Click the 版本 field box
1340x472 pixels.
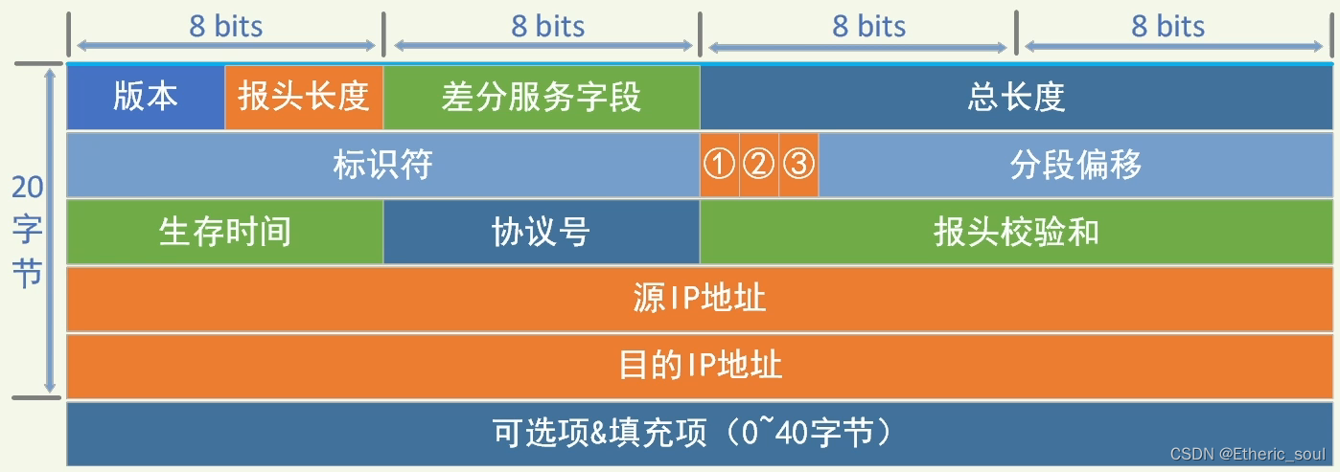pos(146,97)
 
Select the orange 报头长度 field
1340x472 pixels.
pos(304,97)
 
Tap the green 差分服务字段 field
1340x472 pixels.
pos(542,97)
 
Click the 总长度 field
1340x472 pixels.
pos(1016,97)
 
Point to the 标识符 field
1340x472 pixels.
pos(382,165)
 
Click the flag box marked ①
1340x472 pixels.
pos(720,165)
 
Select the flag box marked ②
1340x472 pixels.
pos(759,165)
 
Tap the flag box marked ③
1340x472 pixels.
pos(798,165)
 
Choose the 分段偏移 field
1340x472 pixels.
pos(1075,165)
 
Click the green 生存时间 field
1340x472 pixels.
pos(224,232)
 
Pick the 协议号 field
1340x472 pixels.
pos(542,232)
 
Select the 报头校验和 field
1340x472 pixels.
pos(1016,232)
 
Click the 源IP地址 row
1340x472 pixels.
pos(700,299)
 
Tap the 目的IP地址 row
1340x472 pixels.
pos(700,366)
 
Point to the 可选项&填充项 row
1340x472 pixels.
pos(700,434)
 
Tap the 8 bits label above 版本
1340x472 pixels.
pos(225,26)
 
